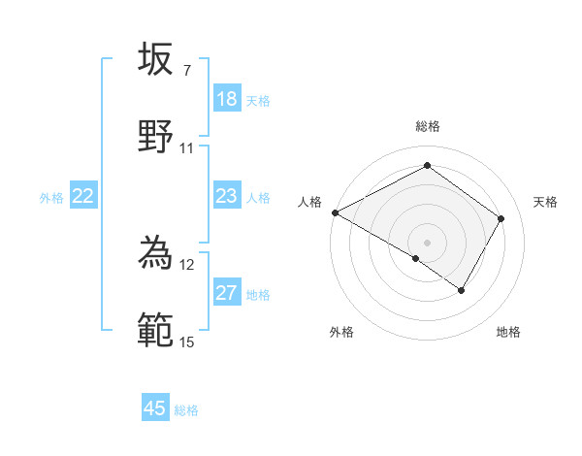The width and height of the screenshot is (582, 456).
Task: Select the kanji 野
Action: click(x=155, y=136)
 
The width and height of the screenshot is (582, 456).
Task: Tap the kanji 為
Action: click(x=155, y=253)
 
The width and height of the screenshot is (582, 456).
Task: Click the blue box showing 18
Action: click(x=227, y=99)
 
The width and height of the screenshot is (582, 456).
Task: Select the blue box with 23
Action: click(x=227, y=197)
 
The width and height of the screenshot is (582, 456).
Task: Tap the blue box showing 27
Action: click(x=227, y=293)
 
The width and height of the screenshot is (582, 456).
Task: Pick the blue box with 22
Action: click(x=83, y=197)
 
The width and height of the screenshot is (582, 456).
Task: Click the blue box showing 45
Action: click(x=155, y=408)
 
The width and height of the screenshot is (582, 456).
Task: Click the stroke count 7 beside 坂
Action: click(x=186, y=71)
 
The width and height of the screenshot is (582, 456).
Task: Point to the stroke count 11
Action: click(x=186, y=148)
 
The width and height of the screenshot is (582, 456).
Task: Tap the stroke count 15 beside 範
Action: click(x=186, y=342)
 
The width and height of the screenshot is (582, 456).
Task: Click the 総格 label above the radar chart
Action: click(x=427, y=126)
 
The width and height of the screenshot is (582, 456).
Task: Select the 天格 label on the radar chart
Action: click(x=545, y=202)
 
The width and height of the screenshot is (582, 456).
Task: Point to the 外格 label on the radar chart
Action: click(x=341, y=332)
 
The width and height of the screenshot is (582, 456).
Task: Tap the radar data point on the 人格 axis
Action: click(x=335, y=212)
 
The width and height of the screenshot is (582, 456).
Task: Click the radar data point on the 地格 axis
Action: click(x=462, y=290)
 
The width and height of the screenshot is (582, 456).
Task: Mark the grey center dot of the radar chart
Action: click(x=427, y=242)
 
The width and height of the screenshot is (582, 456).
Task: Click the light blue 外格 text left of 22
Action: click(x=51, y=198)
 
